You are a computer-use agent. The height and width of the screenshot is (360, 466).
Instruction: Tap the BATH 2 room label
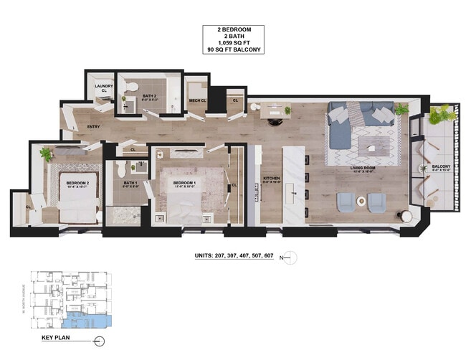pyautogui.click(x=149, y=95)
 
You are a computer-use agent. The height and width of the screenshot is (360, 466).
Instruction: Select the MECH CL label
pyautogui.click(x=198, y=101)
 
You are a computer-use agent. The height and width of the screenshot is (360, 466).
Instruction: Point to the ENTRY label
pyautogui.click(x=93, y=128)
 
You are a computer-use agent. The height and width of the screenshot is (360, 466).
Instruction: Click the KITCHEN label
pyautogui.click(x=270, y=179)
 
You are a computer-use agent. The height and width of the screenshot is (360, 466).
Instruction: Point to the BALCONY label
pyautogui.click(x=440, y=168)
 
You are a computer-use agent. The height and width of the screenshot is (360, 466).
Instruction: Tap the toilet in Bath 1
pyautogui.click(x=120, y=169)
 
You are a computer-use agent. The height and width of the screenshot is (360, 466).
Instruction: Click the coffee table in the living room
pyautogui.click(x=372, y=149)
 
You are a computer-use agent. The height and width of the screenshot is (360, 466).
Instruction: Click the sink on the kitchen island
pyautogui.click(x=294, y=192)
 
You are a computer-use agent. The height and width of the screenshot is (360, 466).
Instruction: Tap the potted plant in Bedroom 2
pyautogui.click(x=47, y=153)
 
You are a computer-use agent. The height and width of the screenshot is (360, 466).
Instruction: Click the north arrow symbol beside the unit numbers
pyautogui.click(x=290, y=257)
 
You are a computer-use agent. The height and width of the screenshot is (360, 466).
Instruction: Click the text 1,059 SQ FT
pyautogui.click(x=232, y=42)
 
